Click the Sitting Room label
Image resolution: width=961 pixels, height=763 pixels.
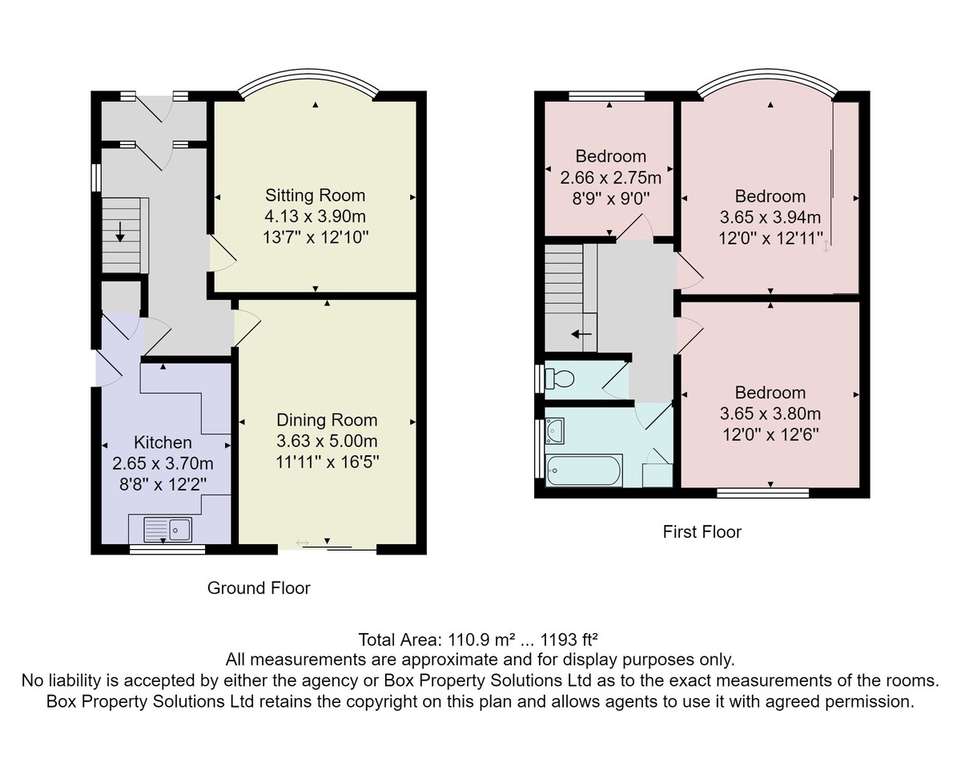(316, 196)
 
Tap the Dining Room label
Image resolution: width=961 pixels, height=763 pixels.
(327, 420)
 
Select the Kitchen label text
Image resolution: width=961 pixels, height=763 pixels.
(163, 442)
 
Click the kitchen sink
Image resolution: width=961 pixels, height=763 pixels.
(168, 530)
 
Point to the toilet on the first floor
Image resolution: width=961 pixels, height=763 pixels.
(560, 379)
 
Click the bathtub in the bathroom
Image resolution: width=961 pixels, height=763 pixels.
(584, 470)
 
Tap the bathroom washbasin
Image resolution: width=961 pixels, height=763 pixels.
(555, 431)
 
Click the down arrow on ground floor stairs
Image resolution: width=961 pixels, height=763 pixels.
(120, 232)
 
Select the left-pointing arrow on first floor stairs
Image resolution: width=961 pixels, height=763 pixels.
(581, 334)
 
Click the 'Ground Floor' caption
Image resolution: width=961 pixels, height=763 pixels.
(259, 588)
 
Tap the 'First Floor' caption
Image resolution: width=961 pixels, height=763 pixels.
(702, 532)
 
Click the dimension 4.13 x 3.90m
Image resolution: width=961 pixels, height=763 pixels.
(316, 216)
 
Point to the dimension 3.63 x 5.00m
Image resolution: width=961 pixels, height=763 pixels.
(327, 441)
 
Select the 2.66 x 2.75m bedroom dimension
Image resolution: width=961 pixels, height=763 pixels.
(610, 178)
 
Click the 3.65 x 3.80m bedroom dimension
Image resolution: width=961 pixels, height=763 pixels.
(770, 414)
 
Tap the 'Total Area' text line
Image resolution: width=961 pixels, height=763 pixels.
(478, 640)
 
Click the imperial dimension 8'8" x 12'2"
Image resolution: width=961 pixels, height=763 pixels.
(163, 484)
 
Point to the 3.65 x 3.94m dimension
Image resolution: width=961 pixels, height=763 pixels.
(770, 217)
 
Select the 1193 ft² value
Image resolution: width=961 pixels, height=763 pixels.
(569, 640)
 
